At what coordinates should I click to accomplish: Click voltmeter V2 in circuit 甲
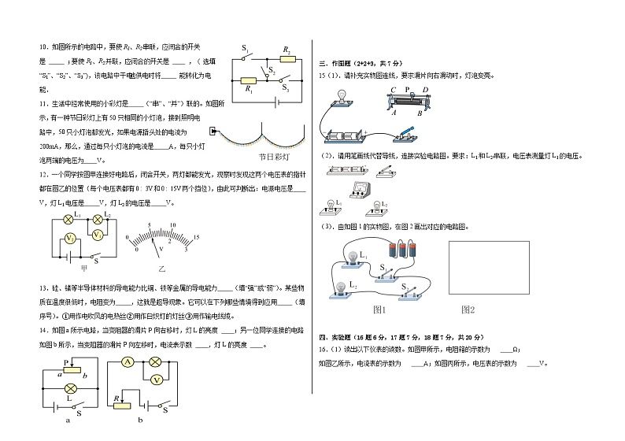click(x=69, y=238)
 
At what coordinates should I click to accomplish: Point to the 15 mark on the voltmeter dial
click(x=195, y=237)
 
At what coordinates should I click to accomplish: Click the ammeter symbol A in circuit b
click(x=128, y=364)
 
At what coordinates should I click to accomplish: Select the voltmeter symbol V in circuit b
click(x=157, y=380)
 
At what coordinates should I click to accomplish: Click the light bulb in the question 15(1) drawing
click(x=343, y=96)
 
